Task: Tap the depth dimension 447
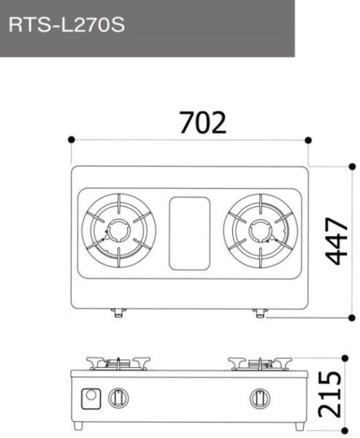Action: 337,242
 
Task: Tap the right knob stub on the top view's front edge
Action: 260,313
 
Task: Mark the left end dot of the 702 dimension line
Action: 71,139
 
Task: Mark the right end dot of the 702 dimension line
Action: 309,139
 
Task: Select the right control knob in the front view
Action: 258,399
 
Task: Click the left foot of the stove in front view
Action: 79,426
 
